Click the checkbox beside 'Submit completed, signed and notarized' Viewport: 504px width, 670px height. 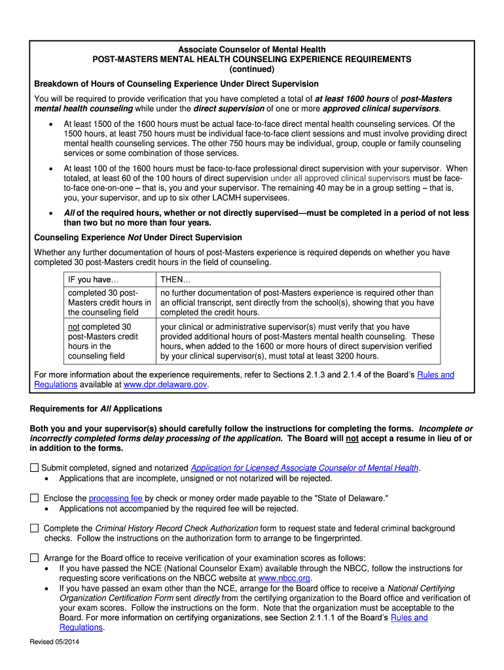click(34, 468)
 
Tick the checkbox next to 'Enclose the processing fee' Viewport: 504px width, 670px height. click(34, 498)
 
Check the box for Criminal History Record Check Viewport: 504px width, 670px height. click(34, 528)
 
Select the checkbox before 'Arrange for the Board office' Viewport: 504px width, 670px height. click(34, 558)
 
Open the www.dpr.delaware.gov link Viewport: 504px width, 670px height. click(165, 385)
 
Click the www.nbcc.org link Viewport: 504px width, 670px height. click(284, 578)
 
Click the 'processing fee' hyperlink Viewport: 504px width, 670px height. click(115, 499)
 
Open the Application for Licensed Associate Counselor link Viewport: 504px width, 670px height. click(304, 468)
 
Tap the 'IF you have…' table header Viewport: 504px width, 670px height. click(94, 280)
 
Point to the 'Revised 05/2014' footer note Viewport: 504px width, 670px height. click(55, 642)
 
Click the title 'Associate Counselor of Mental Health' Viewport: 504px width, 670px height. click(252, 50)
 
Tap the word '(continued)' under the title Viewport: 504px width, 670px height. click(252, 69)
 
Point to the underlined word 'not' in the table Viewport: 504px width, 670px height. click(74, 326)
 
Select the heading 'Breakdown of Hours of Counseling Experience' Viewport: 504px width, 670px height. click(176, 84)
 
